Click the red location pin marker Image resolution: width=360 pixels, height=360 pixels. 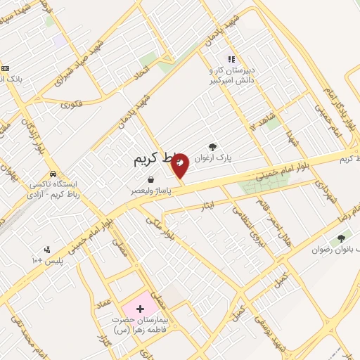[180, 165]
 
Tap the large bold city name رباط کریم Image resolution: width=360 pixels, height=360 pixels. [152, 160]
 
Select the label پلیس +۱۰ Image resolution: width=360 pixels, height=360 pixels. [46, 261]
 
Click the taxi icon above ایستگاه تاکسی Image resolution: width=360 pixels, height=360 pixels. [53, 174]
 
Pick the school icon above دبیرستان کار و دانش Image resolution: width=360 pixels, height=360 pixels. [230, 60]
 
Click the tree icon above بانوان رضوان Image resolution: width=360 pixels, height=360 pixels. [341, 240]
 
